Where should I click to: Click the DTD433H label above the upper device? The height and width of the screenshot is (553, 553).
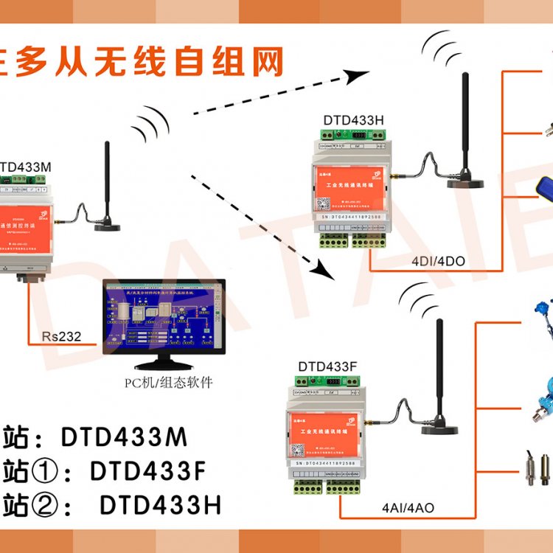pyautogui.click(x=354, y=120)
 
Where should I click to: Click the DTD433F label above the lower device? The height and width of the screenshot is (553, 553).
pyautogui.click(x=328, y=366)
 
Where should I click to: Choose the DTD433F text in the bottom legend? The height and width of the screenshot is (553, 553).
pyautogui.click(x=147, y=470)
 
